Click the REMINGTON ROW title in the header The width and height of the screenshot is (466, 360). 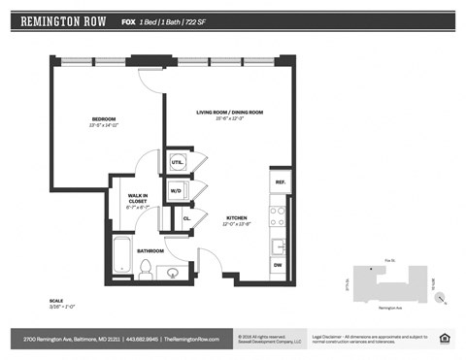tap(63, 20)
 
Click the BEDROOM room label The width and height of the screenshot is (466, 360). tap(103, 119)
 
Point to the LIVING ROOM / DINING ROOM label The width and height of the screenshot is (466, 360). tap(229, 114)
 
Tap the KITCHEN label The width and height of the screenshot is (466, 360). tap(236, 218)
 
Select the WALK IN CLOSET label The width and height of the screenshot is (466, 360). tap(137, 199)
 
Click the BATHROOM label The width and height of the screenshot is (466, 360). tap(150, 250)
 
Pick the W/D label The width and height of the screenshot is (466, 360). tap(177, 191)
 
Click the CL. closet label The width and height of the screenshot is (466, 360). tap(185, 219)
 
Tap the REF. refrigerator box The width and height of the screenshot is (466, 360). tap(279, 182)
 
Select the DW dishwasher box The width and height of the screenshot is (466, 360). tap(278, 264)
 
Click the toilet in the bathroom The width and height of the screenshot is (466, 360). tap(147, 270)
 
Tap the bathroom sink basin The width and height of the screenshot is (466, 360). tap(172, 272)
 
